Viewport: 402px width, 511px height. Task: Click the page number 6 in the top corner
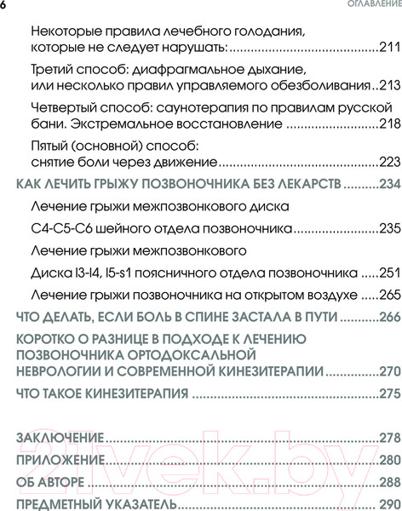(3, 6)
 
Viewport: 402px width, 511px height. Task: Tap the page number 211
(388, 48)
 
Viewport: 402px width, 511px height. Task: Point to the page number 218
(388, 124)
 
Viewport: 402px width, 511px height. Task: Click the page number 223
(388, 162)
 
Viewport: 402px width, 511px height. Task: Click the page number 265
(388, 295)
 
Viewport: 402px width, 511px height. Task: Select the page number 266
(388, 317)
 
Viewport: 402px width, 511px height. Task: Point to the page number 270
(388, 371)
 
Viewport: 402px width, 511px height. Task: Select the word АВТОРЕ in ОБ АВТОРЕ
(61, 482)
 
